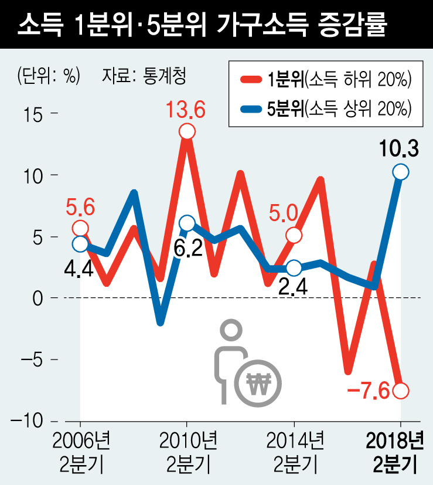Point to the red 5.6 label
(80, 207)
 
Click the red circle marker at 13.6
(187, 132)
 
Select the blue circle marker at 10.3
(401, 172)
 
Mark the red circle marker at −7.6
(401, 391)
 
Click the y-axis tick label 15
(35, 114)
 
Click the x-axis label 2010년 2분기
(187, 453)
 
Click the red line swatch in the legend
(251, 80)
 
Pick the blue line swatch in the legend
(251, 108)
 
